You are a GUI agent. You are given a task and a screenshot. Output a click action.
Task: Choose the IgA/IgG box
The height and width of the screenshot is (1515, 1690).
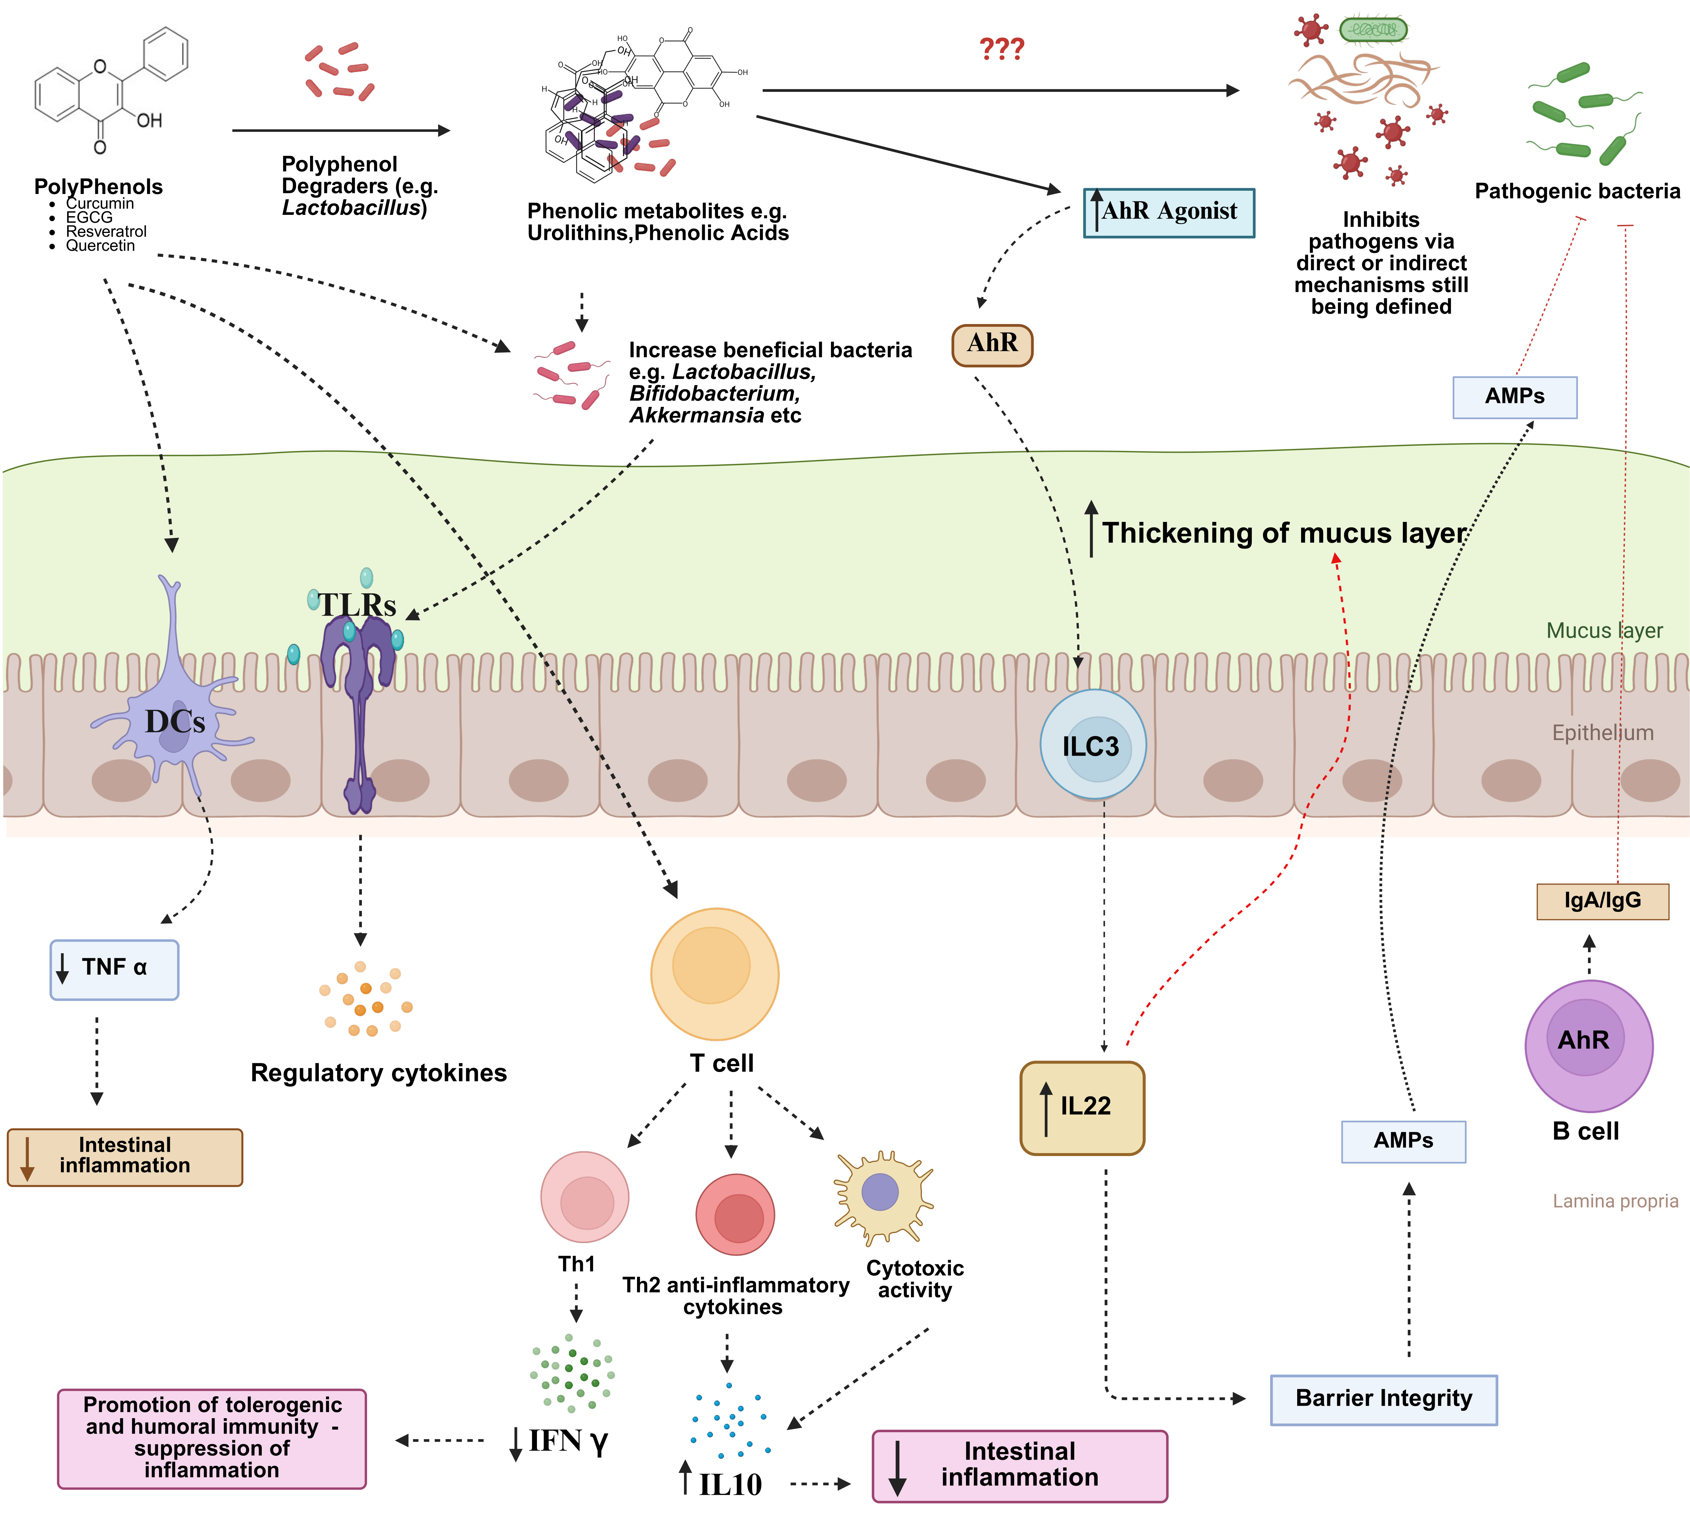click(x=1602, y=901)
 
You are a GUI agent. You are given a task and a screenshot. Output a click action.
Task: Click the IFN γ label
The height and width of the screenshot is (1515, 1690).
click(x=568, y=1441)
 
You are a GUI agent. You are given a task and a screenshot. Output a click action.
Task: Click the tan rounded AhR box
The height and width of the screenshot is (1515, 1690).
click(x=991, y=344)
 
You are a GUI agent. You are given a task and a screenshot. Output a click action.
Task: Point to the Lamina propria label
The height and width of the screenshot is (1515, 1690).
click(x=1614, y=1201)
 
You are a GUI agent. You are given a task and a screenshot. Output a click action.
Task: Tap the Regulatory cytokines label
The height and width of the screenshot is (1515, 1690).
click(x=379, y=1073)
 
